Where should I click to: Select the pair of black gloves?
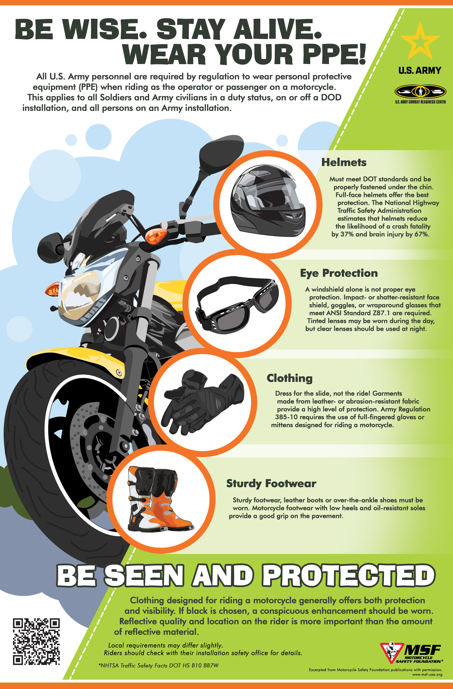click(x=203, y=402)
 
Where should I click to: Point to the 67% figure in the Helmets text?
click(x=421, y=234)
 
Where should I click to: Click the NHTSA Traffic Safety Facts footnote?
click(x=158, y=666)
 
